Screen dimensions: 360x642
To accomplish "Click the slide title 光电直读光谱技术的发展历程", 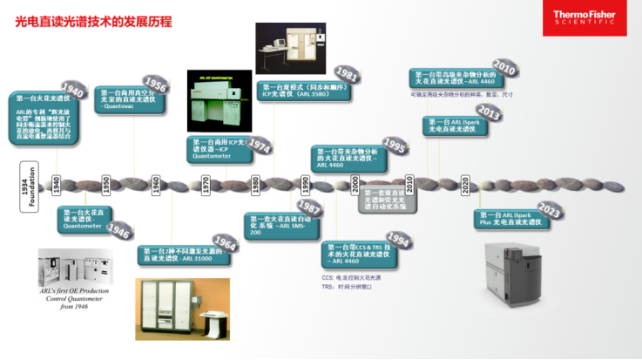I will pyautogui.click(x=93, y=20).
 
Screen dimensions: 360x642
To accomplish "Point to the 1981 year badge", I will pyautogui.click(x=347, y=74).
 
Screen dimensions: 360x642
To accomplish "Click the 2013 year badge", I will pyautogui.click(x=488, y=114).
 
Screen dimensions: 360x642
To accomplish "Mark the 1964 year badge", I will pyautogui.click(x=224, y=244).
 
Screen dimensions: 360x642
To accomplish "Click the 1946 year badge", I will pyautogui.click(x=118, y=231).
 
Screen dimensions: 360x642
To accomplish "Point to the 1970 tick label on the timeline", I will pyautogui.click(x=206, y=185).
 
